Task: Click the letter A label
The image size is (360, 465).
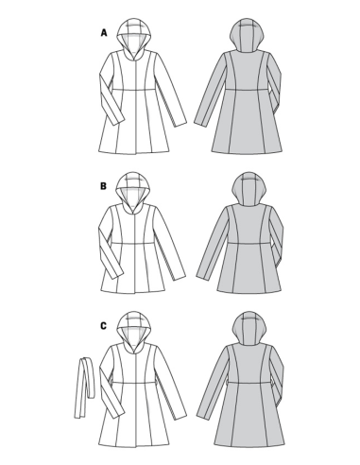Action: pyautogui.click(x=104, y=33)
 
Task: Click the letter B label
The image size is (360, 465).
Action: pyautogui.click(x=103, y=186)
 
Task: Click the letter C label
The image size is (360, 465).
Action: pyautogui.click(x=103, y=326)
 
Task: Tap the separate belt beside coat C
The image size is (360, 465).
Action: pyautogui.click(x=84, y=387)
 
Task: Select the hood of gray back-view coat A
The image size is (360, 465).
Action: pyautogui.click(x=247, y=35)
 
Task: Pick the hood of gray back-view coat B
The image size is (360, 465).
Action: pyautogui.click(x=249, y=188)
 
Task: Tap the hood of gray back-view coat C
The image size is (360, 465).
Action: pyautogui.click(x=249, y=328)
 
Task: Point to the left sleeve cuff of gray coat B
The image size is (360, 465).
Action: pyautogui.click(x=203, y=275)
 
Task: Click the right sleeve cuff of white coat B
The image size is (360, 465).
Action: pyautogui.click(x=179, y=275)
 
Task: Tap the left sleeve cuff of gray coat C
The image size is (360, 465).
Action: pyautogui.click(x=203, y=414)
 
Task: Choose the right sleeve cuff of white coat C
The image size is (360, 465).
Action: pyautogui.click(x=180, y=414)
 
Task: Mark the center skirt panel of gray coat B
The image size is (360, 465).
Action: pyautogui.click(x=249, y=267)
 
